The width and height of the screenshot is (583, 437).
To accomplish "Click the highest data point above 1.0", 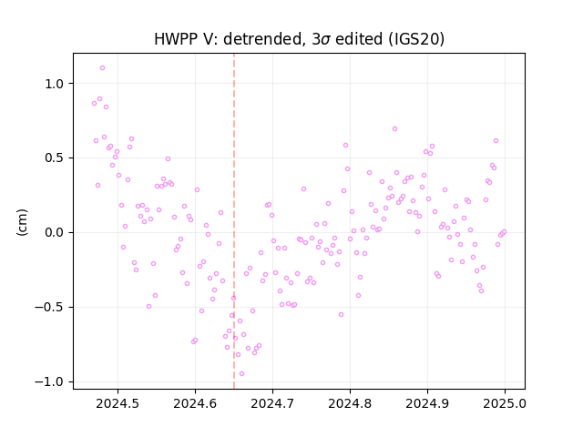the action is tap(102, 68).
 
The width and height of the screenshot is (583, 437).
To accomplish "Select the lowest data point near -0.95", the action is tap(241, 374).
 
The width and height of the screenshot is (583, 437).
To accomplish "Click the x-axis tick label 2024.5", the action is tap(118, 403).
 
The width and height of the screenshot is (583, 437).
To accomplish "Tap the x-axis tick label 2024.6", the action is tap(195, 403).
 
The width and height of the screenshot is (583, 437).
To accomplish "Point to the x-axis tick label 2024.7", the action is tap(272, 403).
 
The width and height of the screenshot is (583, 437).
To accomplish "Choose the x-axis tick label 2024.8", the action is tap(350, 403).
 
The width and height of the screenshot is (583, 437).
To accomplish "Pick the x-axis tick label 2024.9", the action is tap(427, 403).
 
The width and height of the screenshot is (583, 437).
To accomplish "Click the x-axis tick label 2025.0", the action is tap(505, 403).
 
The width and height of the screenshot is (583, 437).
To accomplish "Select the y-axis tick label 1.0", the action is tap(55, 84).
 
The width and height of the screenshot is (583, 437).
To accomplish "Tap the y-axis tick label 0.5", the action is tap(55, 158).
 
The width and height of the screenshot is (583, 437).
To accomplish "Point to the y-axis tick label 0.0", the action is tap(55, 233).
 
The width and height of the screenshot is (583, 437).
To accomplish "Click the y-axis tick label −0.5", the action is tap(50, 308).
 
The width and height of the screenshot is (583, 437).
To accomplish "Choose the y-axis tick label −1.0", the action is tap(50, 382).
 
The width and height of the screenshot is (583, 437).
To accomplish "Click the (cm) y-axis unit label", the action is tap(22, 222).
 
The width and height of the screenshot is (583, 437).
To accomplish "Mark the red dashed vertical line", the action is tap(234, 221).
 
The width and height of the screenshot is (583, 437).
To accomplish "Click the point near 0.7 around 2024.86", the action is tap(394, 129).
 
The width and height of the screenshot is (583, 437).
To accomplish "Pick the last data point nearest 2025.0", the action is tap(504, 232).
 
